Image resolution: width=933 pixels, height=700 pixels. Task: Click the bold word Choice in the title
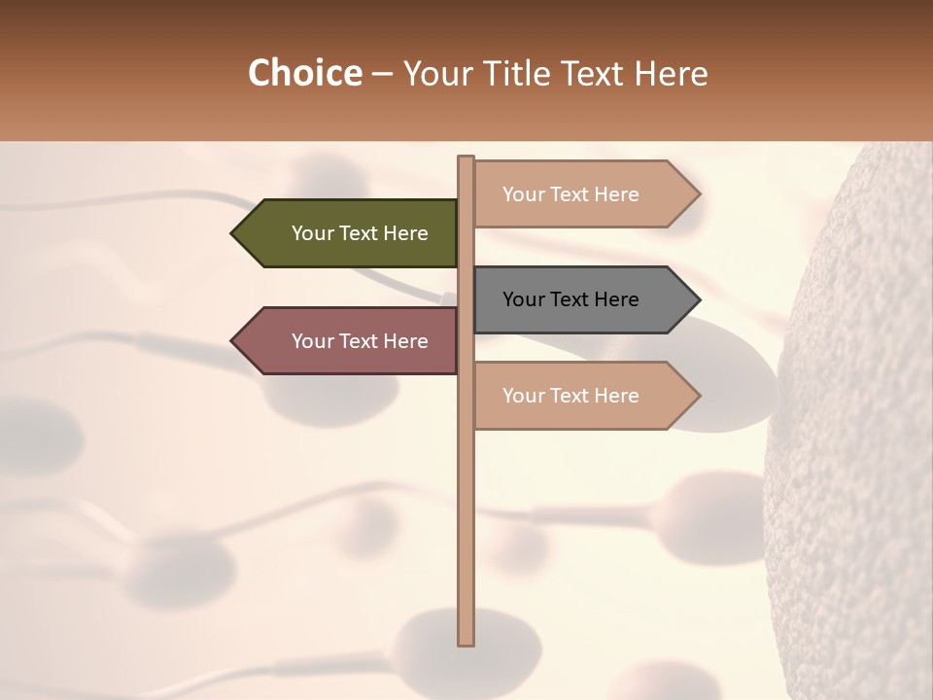[304, 74]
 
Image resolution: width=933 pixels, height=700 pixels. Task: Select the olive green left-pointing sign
[350, 233]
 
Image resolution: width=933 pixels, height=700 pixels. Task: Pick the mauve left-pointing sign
[350, 341]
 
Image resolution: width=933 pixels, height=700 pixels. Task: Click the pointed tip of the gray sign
[698, 299]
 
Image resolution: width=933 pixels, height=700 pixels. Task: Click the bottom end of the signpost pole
[466, 642]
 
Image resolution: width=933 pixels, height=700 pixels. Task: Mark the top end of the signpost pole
[466, 158]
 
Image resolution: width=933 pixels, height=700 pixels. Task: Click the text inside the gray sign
[570, 299]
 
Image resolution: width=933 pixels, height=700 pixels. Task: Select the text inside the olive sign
[360, 233]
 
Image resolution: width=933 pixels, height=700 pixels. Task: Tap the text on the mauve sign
[360, 341]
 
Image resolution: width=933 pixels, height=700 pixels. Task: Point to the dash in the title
[382, 75]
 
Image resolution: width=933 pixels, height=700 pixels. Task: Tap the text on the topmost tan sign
[570, 194]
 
